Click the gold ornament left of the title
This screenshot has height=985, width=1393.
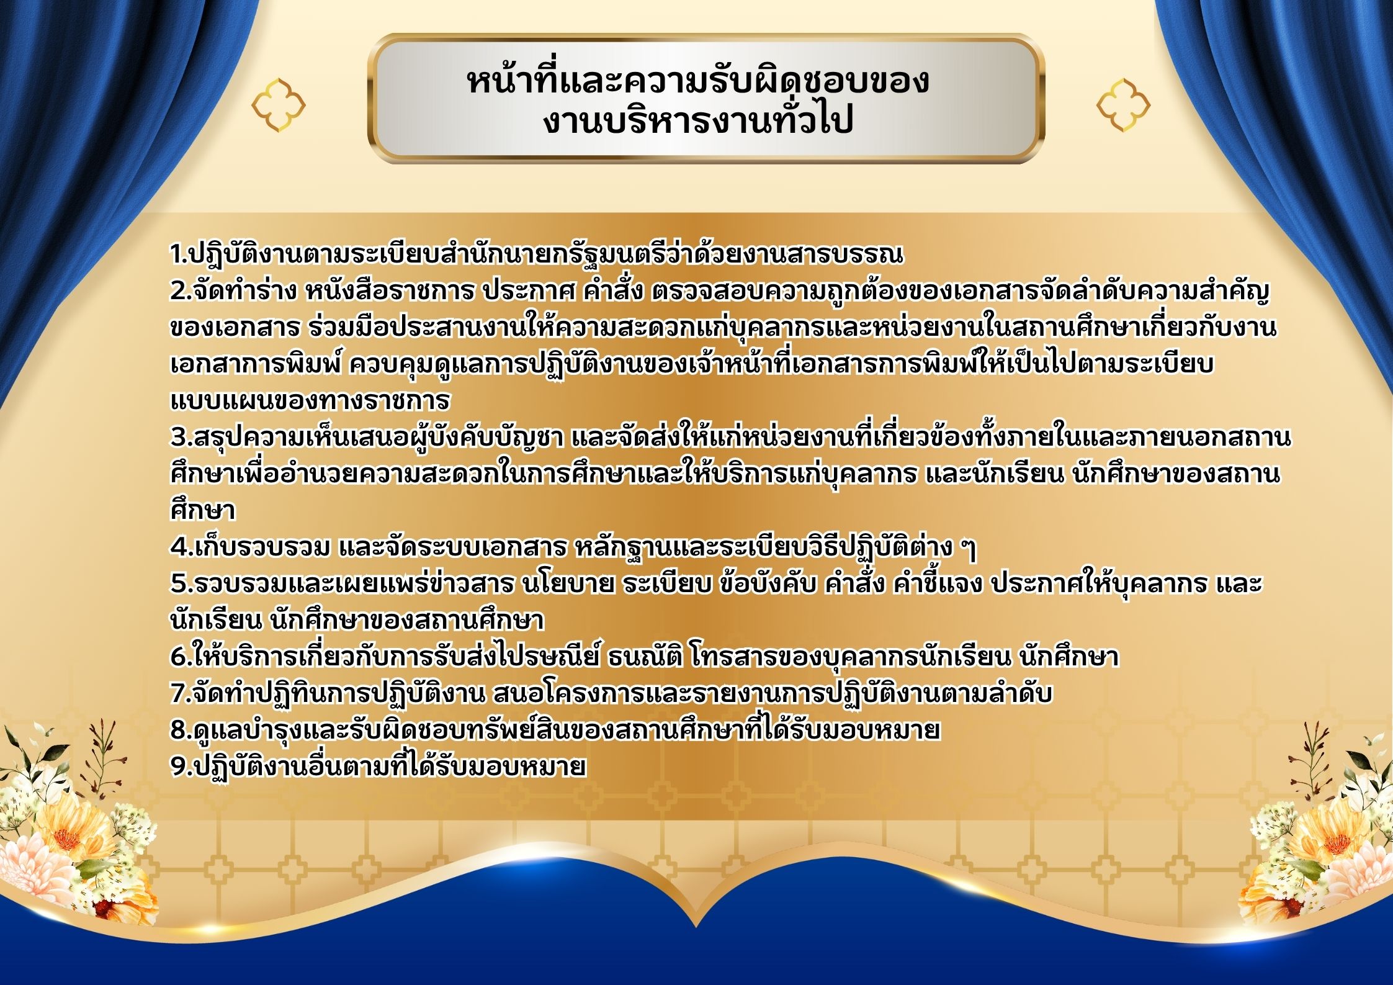pos(279,104)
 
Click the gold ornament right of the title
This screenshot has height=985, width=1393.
pos(1123,104)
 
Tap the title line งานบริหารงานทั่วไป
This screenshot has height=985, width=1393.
pos(698,120)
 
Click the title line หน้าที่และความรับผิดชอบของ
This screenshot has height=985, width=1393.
pos(698,81)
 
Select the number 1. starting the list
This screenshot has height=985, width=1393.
pos(179,254)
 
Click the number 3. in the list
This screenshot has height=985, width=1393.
pos(181,437)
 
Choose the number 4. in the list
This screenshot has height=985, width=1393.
pos(182,547)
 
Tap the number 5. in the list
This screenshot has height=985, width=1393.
pos(181,583)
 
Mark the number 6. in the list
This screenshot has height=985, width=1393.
pos(181,657)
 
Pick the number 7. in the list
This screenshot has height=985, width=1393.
pos(181,693)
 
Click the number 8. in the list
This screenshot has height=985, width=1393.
pos(181,730)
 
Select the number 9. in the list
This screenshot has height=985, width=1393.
pos(181,767)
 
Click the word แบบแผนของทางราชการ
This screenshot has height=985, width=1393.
pos(310,400)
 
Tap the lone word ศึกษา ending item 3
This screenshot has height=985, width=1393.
pos(203,510)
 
